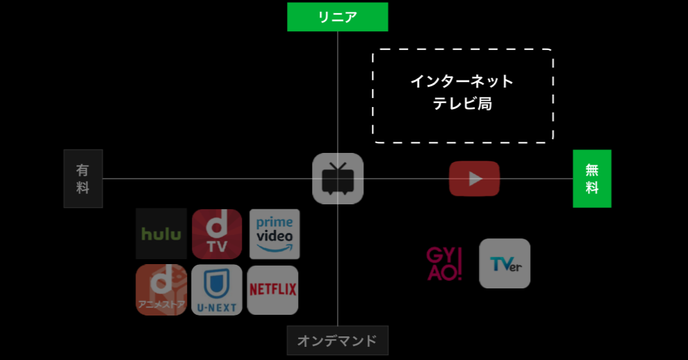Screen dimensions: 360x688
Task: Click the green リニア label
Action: point(337,17)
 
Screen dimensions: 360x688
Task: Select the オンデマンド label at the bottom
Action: point(337,341)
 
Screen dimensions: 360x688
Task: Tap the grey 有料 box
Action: point(83,179)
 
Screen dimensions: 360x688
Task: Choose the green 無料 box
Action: point(591,179)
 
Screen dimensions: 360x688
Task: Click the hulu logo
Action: point(161,234)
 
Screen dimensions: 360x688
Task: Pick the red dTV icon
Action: point(217,234)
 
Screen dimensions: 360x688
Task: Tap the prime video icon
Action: point(275,234)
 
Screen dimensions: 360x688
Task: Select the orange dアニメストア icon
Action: point(161,290)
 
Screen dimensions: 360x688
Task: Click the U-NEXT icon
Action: point(217,290)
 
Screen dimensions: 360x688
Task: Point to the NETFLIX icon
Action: point(272,290)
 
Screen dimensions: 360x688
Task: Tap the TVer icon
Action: point(505,263)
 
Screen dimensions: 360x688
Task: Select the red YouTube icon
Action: point(474,179)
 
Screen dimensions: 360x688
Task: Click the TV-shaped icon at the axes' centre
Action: point(338,179)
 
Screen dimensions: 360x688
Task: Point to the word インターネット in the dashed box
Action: point(462,81)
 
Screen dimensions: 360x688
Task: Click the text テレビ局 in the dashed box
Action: point(462,104)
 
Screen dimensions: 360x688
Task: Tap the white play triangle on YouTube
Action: point(475,179)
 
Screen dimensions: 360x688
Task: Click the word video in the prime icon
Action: point(275,236)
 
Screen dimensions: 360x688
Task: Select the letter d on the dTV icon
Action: point(216,226)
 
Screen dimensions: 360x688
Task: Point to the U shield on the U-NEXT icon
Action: point(217,284)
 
